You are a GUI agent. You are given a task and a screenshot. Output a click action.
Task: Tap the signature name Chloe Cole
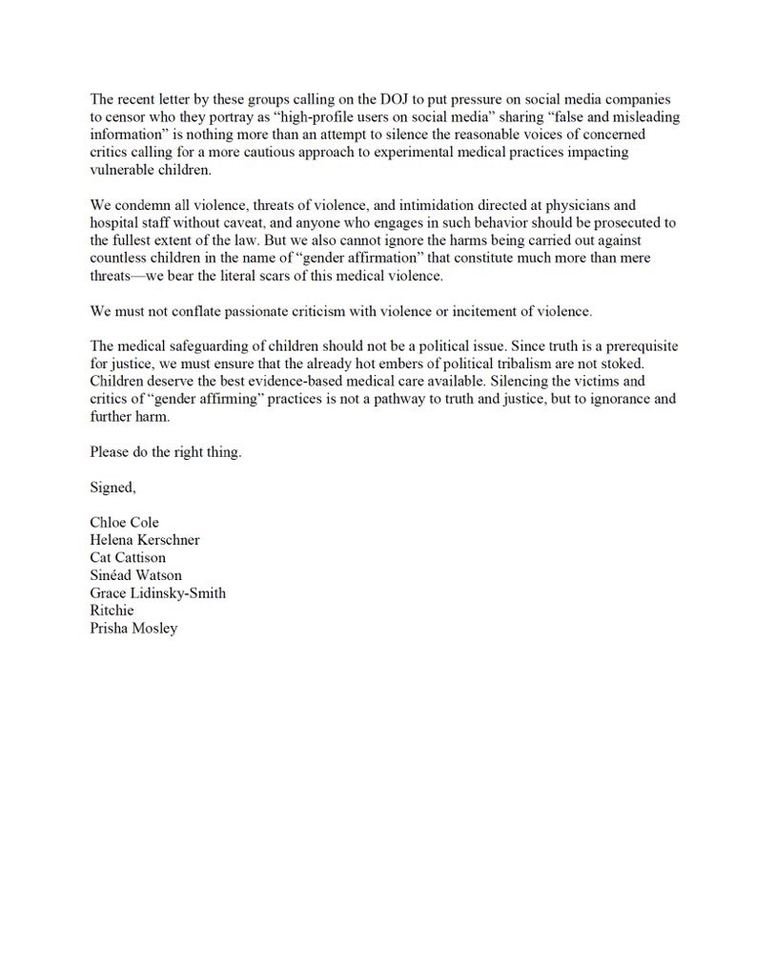[124, 523]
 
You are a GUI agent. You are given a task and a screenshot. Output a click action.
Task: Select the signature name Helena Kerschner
[144, 540]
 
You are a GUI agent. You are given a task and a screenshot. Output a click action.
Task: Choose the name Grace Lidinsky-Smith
[157, 593]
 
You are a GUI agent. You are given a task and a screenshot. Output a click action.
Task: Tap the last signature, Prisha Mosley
[133, 629]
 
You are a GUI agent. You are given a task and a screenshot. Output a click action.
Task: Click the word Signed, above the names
[113, 488]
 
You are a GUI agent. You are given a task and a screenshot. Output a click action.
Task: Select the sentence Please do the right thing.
[166, 452]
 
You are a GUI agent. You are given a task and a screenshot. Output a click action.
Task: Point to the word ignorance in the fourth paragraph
[613, 400]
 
